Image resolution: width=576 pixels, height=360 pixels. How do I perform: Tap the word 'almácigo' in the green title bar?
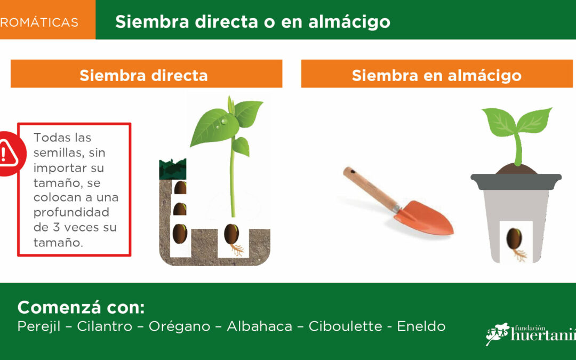point(349,22)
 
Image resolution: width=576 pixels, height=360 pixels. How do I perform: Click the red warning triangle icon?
point(8,154)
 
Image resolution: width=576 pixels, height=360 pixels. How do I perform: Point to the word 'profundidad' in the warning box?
point(71,213)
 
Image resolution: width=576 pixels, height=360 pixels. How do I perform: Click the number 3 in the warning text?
point(56,227)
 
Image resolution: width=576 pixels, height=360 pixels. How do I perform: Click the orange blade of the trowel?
point(426,218)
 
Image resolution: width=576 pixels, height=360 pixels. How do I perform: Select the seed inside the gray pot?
point(514,239)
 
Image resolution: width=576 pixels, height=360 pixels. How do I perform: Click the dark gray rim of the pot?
point(516,181)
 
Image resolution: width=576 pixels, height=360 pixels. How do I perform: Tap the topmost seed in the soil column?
point(180,187)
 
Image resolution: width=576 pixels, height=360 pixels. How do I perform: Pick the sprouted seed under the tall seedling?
point(232,234)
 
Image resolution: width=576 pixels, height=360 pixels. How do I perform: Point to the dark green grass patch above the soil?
point(173,169)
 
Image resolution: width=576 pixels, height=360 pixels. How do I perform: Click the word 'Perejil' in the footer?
point(38,326)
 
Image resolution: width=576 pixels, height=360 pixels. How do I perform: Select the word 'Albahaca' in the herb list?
point(259,326)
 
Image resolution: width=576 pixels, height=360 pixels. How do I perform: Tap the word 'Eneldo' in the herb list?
point(421,326)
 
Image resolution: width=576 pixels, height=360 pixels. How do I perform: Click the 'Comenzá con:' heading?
point(81,307)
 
